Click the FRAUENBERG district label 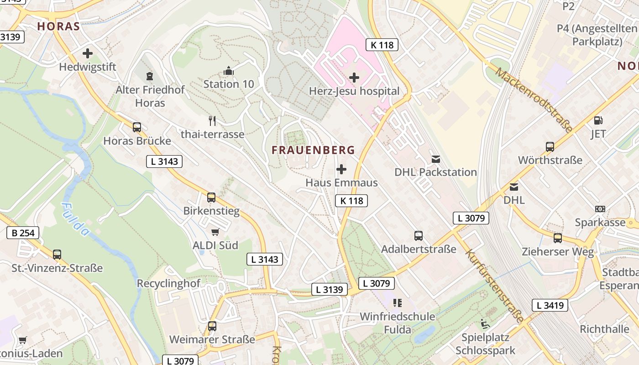coord(313,150)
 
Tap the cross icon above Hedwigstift coord(88,53)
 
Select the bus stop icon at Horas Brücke coord(137,127)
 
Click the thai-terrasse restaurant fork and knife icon coord(212,121)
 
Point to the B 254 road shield coord(23,233)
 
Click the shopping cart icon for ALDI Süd coord(215,232)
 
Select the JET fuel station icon coord(598,121)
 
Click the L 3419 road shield coord(550,305)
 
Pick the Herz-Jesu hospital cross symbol coord(354,78)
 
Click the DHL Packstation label coord(435,172)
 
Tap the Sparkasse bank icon coord(600,209)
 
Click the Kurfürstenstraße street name coord(494,286)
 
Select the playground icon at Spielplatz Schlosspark coord(485,324)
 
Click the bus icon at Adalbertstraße coord(419,236)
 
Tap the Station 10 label coord(229,84)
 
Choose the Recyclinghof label coord(168,283)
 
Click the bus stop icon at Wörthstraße coord(550,147)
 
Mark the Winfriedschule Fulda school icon coord(397,303)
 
